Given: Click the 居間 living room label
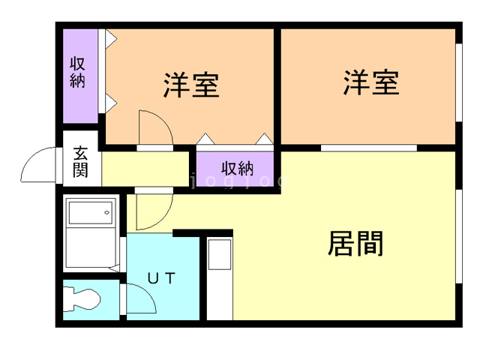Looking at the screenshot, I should (x=356, y=243).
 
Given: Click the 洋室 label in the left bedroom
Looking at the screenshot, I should (x=191, y=85).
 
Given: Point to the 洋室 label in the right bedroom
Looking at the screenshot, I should (x=370, y=82).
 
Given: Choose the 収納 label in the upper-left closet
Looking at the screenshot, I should (x=78, y=72).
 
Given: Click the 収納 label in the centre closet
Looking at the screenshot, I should (x=236, y=166).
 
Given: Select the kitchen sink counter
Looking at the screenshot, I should (x=220, y=278).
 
